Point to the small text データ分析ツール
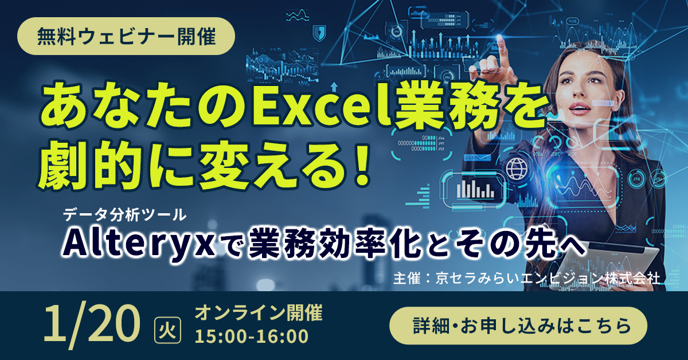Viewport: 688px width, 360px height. click(x=126, y=215)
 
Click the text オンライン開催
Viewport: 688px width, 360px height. click(x=258, y=313)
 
